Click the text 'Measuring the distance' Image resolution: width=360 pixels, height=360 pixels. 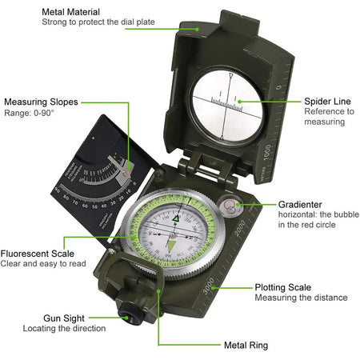pos(301,298)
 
